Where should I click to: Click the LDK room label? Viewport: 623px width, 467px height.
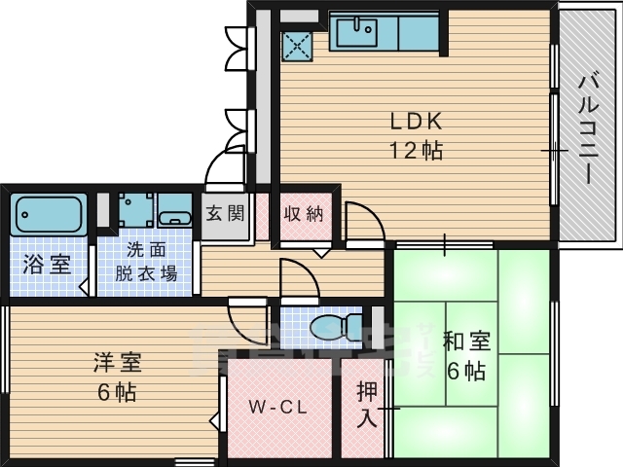point(417,122)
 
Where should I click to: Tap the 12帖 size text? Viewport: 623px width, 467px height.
point(417,151)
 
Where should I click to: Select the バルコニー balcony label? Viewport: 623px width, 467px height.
point(587,126)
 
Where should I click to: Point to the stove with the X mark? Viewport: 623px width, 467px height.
point(297,43)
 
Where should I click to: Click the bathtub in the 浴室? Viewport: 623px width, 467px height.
point(49,213)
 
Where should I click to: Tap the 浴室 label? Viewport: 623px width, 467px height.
point(47,263)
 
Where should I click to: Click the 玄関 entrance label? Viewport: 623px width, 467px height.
point(225,213)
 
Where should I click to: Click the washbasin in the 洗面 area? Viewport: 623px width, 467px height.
point(175,215)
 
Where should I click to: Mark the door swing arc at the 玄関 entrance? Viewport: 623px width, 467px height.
point(226,165)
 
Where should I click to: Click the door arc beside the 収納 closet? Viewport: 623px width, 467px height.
point(358,219)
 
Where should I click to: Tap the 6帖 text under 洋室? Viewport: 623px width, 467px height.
point(118,393)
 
